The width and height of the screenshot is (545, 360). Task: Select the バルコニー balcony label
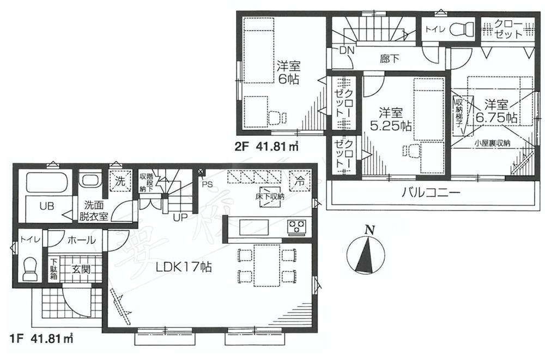click(432, 193)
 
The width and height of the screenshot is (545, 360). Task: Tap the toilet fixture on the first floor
click(30, 267)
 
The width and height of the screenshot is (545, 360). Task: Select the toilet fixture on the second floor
click(464, 27)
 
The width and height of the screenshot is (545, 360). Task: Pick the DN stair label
click(347, 50)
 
